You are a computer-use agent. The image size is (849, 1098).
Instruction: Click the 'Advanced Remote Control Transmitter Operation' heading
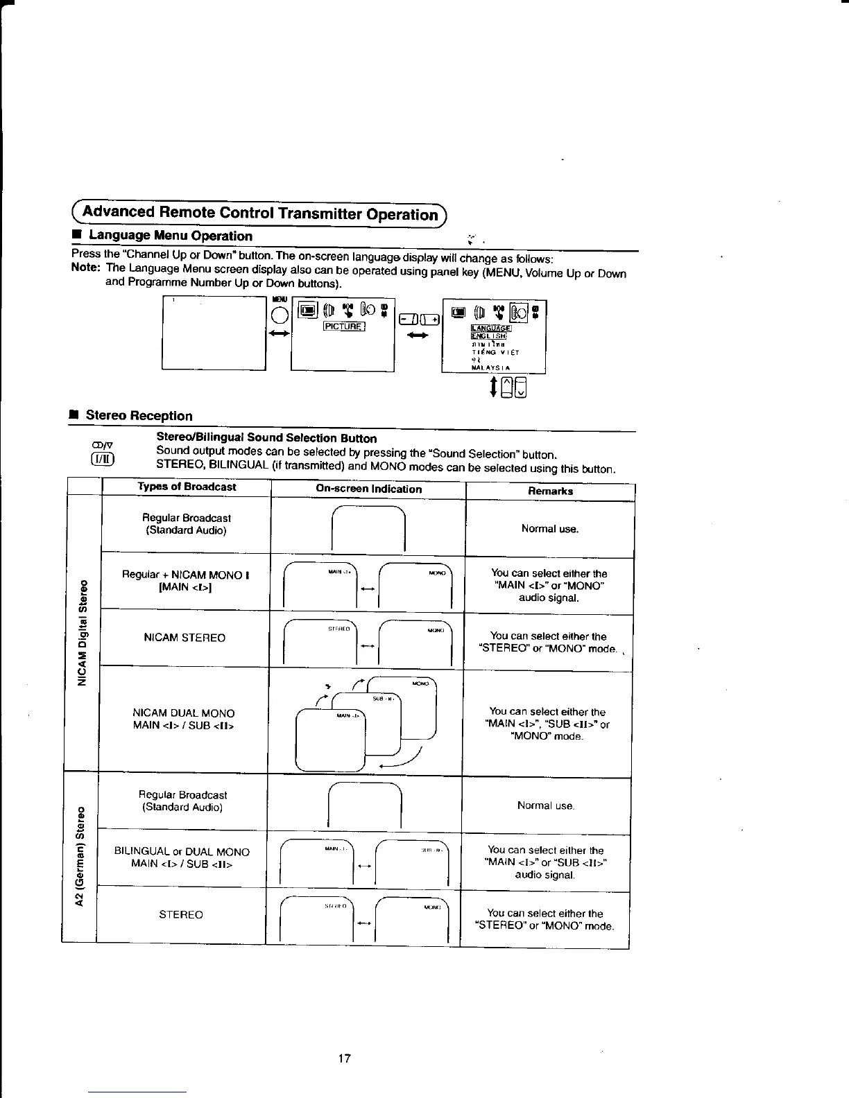coord(260,212)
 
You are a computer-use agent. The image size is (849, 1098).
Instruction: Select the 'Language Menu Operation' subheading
coord(169,236)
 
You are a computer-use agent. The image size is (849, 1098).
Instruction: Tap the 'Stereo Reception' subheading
coord(139,415)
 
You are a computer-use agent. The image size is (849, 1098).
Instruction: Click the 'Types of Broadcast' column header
coord(187,487)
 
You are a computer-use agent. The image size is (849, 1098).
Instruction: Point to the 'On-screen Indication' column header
coord(368,489)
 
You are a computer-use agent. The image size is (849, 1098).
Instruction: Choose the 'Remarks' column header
coord(550,491)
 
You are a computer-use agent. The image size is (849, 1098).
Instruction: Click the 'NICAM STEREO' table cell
coord(185,638)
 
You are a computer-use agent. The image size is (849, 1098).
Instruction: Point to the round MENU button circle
coord(280,315)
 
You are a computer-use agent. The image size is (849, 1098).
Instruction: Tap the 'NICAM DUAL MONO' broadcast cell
coord(183,719)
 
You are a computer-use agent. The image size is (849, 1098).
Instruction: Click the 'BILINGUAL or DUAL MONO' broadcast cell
coord(182,857)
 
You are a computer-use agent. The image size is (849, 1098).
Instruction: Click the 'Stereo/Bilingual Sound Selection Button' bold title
coord(266,438)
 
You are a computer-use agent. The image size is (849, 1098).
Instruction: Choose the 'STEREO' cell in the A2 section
coord(181,915)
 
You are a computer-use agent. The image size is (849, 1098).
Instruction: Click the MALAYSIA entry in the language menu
coord(490,367)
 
